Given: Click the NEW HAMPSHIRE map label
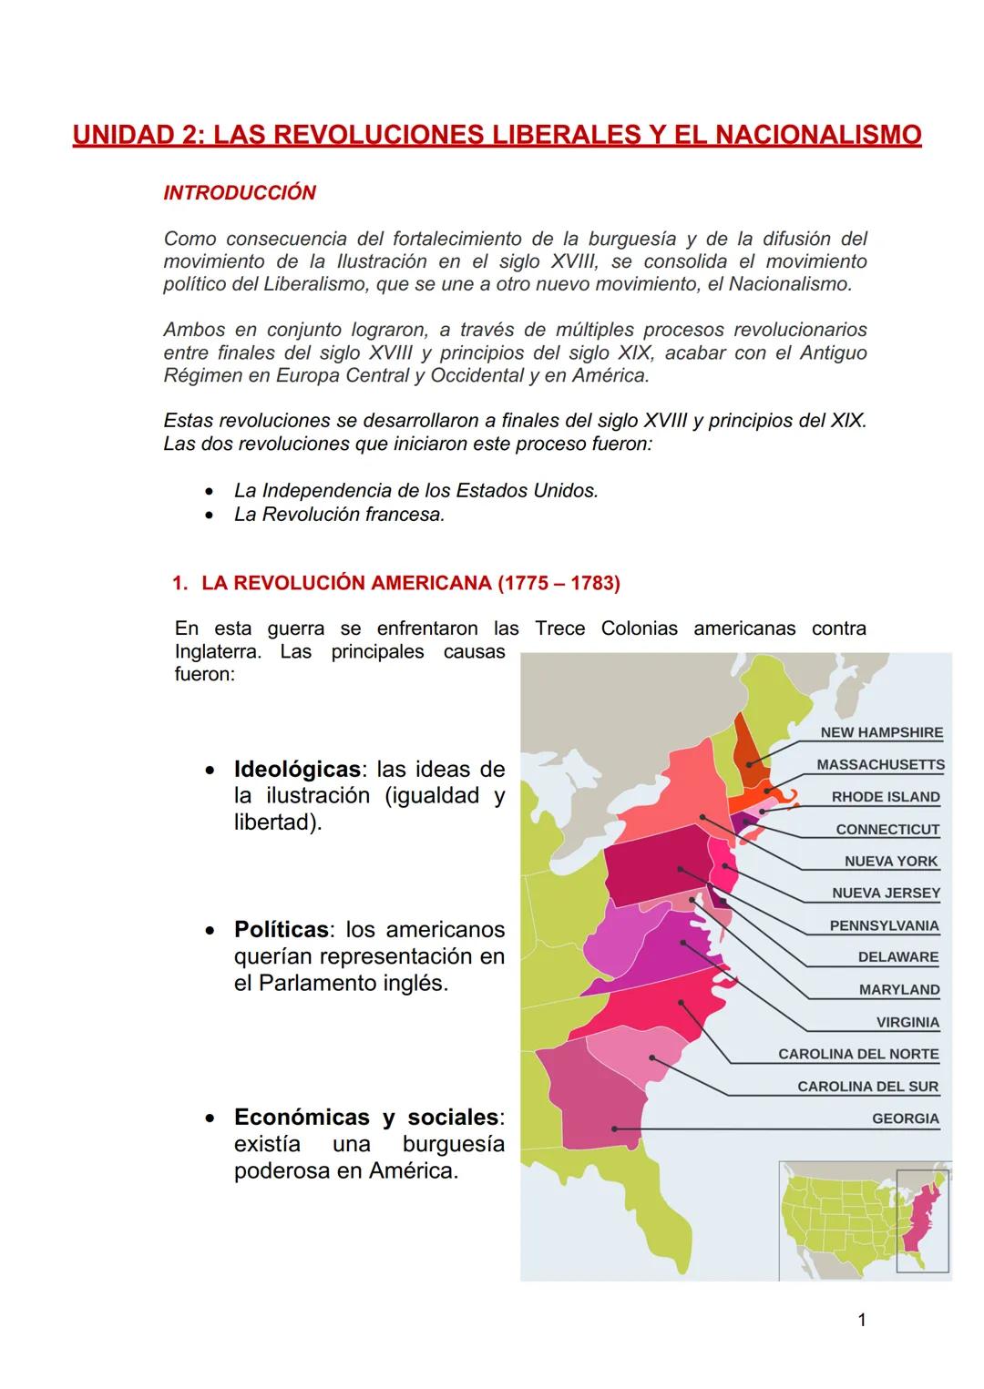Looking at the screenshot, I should pos(881,732).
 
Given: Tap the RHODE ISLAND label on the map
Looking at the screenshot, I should pos(885,797).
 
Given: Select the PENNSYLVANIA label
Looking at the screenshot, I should pos(884,925).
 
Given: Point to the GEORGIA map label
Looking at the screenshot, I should pos(905,1118).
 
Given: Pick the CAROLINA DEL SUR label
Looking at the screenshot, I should pos(867,1087).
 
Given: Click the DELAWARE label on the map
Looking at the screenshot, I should pos(897,957).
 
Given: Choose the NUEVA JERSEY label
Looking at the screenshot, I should pos(886,894).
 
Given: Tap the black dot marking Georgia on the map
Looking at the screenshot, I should pos(615,1129).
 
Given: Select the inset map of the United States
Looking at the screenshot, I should pos(864,1218).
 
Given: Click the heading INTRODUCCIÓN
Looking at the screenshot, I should pos(240,193).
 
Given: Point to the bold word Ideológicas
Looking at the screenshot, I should pos(297,769).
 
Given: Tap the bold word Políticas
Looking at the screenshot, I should pos(281,930).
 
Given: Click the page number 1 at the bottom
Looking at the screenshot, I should pos(862,1320).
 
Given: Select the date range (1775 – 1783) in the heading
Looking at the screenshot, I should pos(559,583).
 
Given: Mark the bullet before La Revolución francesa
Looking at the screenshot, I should pos(211,515).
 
